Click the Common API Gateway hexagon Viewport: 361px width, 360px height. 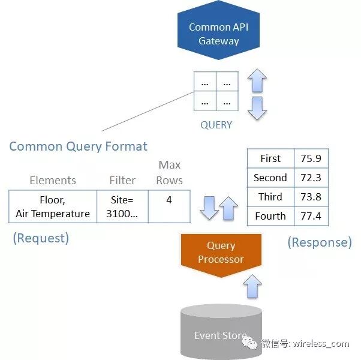click(x=218, y=34)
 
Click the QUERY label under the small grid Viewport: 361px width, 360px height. click(x=216, y=125)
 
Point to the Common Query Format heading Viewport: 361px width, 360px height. click(x=78, y=146)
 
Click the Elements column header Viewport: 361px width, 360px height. click(x=53, y=180)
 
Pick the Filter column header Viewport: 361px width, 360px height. click(x=122, y=180)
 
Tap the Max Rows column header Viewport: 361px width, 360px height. click(x=170, y=172)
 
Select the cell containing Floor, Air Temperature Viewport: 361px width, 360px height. click(x=53, y=206)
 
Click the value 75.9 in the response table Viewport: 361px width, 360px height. click(x=311, y=158)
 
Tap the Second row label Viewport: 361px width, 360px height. click(x=270, y=178)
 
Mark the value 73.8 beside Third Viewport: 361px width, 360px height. click(x=311, y=197)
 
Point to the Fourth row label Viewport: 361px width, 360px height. click(x=270, y=216)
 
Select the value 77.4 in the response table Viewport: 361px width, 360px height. click(x=311, y=216)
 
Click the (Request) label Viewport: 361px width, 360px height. click(x=41, y=238)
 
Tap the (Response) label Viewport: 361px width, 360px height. click(x=320, y=242)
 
